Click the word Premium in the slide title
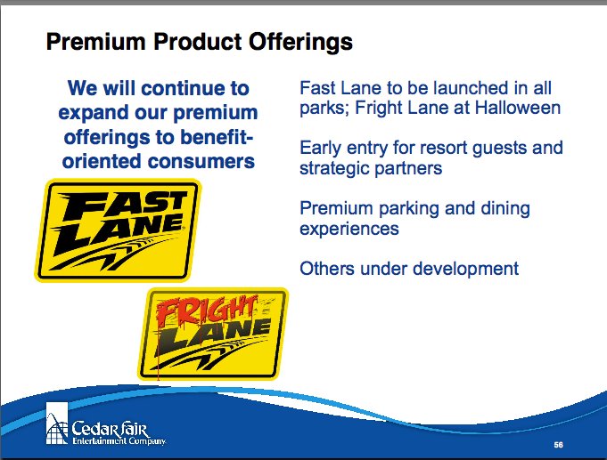[95, 41]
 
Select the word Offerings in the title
[300, 42]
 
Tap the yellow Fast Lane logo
[118, 230]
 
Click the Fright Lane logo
[213, 334]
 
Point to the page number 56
[558, 445]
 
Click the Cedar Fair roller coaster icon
[57, 424]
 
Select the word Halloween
[518, 108]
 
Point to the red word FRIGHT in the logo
[207, 311]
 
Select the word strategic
[334, 169]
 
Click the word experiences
[349, 229]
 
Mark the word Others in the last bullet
[327, 269]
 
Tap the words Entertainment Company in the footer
[119, 441]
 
